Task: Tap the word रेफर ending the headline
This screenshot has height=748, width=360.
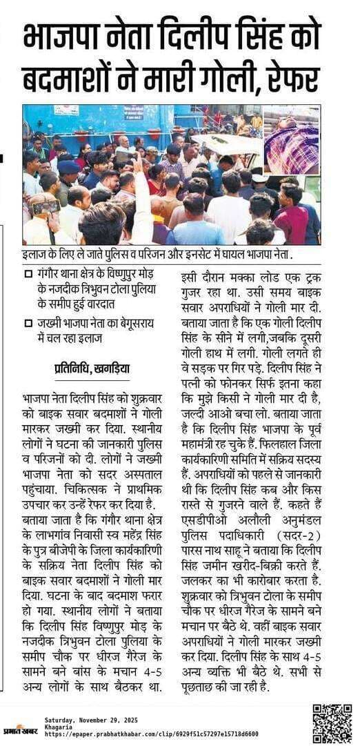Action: (292, 79)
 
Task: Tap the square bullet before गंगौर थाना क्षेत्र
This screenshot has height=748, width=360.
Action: (28, 275)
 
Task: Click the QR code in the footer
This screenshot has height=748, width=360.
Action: (332, 723)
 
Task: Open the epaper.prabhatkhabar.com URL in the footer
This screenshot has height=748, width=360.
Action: (152, 734)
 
